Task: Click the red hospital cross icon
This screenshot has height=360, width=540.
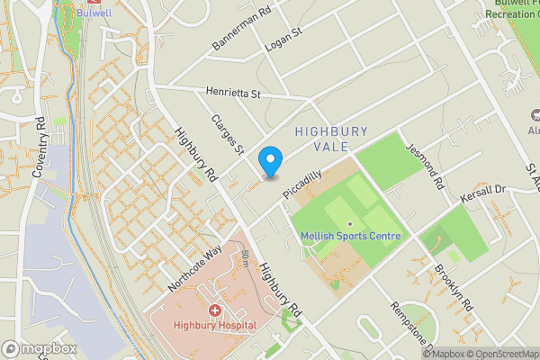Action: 215,310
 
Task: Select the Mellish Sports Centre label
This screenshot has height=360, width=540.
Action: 350,237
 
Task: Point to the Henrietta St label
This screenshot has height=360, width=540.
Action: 232,92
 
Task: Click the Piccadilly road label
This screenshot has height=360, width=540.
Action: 302,184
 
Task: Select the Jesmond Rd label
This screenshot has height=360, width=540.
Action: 427,166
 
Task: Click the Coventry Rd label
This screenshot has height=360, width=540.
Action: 40,147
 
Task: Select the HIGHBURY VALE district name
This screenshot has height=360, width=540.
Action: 331,139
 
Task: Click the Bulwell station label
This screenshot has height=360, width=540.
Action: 94,14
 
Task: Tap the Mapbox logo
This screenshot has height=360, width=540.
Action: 38,349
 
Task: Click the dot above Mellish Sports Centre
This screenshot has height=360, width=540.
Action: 349,222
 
